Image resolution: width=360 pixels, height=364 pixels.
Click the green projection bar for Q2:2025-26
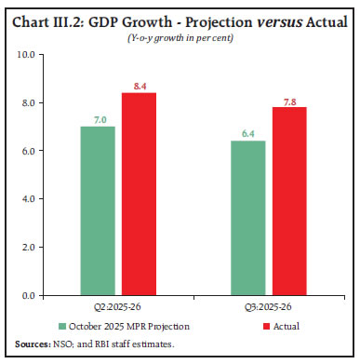tap(97, 210)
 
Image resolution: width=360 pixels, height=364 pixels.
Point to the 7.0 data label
tap(97, 118)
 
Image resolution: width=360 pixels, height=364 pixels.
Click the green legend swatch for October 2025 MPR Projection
tap(62, 327)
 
